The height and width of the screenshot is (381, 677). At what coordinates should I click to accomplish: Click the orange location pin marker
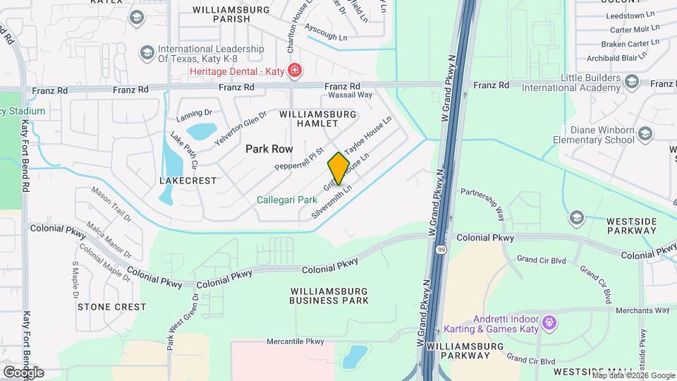point(338,168)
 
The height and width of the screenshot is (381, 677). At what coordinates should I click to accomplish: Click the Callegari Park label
point(286,200)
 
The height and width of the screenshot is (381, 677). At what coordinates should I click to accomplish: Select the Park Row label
point(269,149)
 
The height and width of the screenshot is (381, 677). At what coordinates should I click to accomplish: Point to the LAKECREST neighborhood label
point(188,181)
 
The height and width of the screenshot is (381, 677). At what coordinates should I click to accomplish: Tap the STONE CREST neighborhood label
point(111,307)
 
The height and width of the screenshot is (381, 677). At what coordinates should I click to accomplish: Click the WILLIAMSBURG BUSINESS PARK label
point(329,295)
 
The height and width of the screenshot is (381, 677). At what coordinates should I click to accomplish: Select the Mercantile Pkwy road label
point(295,341)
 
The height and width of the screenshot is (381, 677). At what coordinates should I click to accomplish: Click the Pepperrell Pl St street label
point(299,159)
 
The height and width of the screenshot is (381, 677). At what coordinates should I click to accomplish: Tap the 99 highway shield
point(441,250)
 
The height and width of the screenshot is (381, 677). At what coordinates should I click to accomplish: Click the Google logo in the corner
point(23,372)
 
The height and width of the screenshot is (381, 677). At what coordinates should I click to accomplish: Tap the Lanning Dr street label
point(195,113)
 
